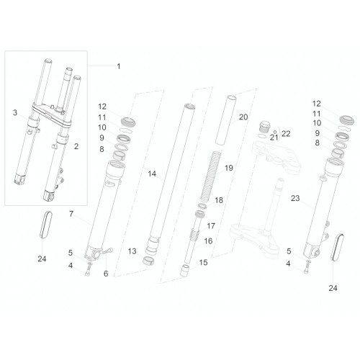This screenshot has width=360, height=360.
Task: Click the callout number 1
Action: tap(119, 66)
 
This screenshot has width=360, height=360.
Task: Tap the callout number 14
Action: tap(152, 174)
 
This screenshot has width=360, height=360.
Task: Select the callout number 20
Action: tap(243, 117)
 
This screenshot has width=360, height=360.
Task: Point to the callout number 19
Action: tap(229, 168)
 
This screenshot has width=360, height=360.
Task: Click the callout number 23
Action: tap(295, 198)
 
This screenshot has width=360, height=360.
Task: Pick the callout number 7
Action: tap(71, 214)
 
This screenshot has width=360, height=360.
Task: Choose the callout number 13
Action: tap(132, 251)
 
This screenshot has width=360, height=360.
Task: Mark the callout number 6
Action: tap(106, 274)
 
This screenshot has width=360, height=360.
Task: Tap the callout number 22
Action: tap(286, 133)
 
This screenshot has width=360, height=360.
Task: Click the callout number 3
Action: tap(15, 112)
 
